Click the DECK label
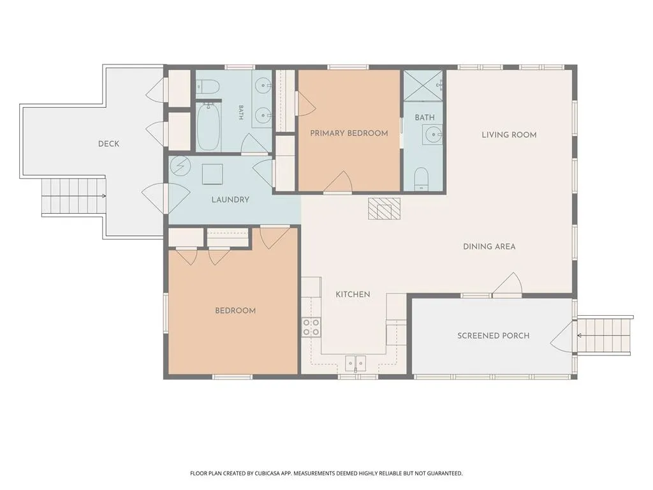[x=108, y=144]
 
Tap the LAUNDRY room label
[x=230, y=200]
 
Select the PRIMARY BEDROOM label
[x=349, y=133]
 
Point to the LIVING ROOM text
[x=509, y=135]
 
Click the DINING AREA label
[x=489, y=247]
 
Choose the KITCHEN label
[x=353, y=295]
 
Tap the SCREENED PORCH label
[x=494, y=336]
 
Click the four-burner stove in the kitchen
[x=311, y=327]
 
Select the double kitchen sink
[x=355, y=363]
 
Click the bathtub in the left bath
[x=209, y=127]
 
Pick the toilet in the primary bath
[x=422, y=179]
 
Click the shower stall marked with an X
[x=423, y=86]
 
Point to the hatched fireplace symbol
[x=384, y=209]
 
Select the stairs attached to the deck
[x=73, y=195]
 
